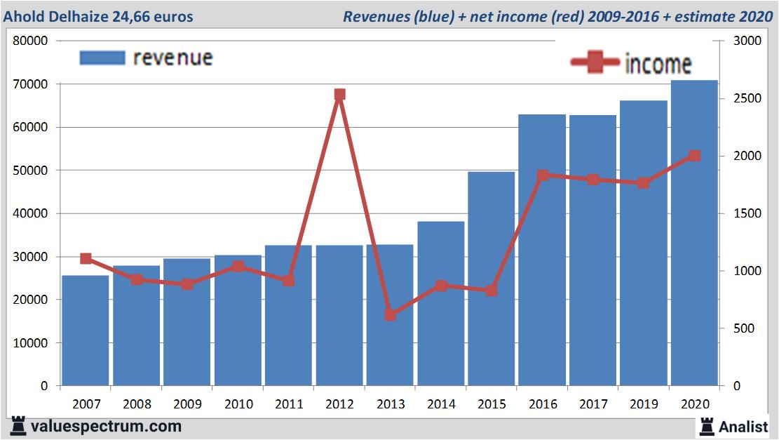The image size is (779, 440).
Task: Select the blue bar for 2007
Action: (86, 330)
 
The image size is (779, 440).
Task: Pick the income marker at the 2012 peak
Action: (339, 95)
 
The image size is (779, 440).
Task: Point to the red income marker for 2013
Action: (391, 315)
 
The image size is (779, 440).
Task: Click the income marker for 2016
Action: (543, 175)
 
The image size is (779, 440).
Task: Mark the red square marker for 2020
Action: (694, 156)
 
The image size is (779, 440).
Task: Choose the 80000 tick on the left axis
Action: (31, 41)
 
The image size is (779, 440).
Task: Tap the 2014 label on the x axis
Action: (441, 404)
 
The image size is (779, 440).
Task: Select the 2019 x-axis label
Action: (644, 404)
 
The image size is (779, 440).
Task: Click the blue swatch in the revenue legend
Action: (102, 58)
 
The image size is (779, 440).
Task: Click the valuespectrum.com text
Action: (106, 426)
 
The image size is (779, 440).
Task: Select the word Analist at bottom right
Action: (744, 426)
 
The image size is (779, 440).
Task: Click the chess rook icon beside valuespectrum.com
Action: (18, 426)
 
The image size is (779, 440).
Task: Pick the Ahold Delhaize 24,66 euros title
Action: (98, 16)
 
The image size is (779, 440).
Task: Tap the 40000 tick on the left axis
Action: (31, 213)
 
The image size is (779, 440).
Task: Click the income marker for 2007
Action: (86, 259)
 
